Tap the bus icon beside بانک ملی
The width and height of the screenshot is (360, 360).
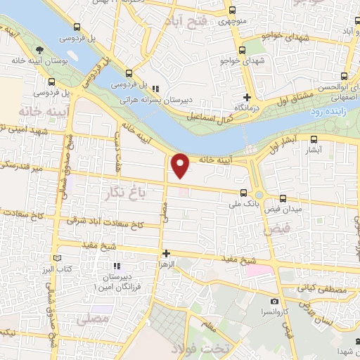point(243,193)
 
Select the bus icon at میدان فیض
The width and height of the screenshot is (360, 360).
point(283,198)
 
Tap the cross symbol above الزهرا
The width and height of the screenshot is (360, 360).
point(166,253)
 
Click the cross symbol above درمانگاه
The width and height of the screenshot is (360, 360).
point(247,97)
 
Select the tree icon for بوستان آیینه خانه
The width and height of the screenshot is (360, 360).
point(40,49)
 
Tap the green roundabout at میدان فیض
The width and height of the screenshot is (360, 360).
point(259,195)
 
